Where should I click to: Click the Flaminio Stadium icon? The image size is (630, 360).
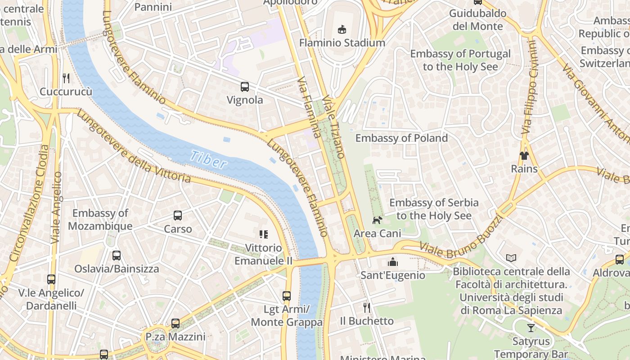tap(342, 30)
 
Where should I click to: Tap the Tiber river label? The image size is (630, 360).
tap(208, 159)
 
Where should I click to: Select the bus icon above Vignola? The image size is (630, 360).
tap(245, 87)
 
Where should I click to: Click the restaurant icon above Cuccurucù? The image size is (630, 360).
tap(66, 78)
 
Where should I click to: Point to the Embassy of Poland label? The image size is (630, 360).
tap(401, 138)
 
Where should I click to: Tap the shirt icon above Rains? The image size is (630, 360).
tap(524, 156)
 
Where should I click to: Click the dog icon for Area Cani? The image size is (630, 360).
tap(377, 220)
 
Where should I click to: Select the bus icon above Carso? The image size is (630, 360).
tap(178, 216)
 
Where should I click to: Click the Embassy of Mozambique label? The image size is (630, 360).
tap(100, 220)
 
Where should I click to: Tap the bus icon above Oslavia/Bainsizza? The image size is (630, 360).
tap(117, 256)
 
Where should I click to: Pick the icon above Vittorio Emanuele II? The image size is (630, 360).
tap(263, 234)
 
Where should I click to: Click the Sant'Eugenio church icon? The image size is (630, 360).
tap(393, 262)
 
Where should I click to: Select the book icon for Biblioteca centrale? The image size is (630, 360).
tap(511, 258)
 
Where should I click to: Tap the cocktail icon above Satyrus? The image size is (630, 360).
tap(531, 328)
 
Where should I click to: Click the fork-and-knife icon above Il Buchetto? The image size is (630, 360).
tap(367, 308)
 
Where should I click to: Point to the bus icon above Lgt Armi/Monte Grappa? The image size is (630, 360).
tap(287, 296)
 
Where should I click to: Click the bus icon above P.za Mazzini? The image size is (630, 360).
tap(175, 323)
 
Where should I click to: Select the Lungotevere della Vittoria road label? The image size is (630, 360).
tap(134, 147)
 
